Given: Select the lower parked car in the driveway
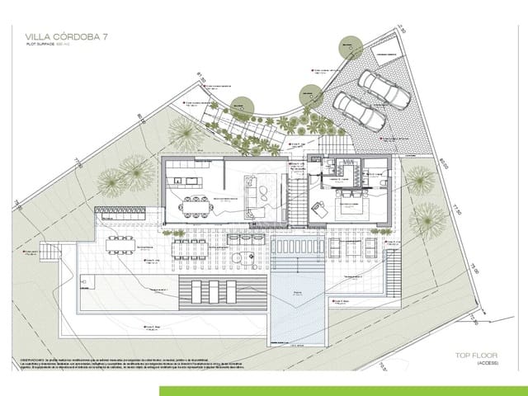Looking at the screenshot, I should pyautogui.click(x=359, y=111).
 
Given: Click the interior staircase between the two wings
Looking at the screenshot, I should pyautogui.click(x=295, y=198).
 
